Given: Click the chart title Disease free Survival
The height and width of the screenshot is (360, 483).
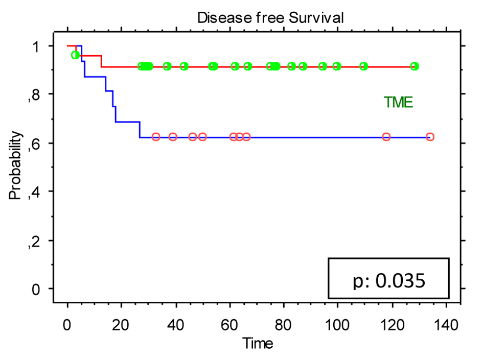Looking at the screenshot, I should point(270,17).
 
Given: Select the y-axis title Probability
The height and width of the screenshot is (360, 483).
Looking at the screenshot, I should point(16,165).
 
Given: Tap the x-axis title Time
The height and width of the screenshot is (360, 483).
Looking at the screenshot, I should point(258,343).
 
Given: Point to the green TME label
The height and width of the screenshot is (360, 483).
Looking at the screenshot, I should point(399,102).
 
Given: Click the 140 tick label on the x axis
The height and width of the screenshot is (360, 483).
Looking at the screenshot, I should point(447,326).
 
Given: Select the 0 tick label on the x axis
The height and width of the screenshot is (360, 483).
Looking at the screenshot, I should point(67,326).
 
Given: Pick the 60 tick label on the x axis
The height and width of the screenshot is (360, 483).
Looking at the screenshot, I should point(229,326).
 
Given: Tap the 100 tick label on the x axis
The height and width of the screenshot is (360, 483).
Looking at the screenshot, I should point(338,326).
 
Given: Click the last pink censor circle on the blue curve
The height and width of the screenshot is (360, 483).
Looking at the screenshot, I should point(430,137).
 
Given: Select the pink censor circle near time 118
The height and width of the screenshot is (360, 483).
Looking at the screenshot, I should point(386,137).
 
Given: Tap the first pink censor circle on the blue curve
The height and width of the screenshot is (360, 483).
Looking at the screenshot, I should point(156,137).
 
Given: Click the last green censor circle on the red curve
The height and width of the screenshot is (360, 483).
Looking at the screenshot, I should point(415,66).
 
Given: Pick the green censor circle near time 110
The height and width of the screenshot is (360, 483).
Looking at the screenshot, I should point(363,66).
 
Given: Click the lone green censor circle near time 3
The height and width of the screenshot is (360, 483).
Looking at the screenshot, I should point(76,55).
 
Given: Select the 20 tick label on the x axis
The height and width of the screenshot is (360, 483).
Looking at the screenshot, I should point(121,326).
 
